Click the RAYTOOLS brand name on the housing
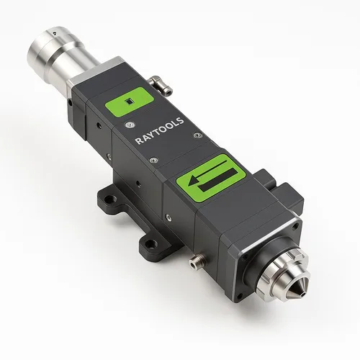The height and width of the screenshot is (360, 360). tap(160, 130)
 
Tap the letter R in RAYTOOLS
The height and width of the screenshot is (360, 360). tap(138, 141)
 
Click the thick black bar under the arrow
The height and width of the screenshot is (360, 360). tap(217, 179)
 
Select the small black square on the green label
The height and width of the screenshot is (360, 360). tap(130, 102)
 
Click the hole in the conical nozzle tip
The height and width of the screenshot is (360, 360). tap(304, 294)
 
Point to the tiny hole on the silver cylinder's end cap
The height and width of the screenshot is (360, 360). tap(55, 32)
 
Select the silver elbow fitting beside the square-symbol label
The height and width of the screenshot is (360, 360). tap(161, 85)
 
